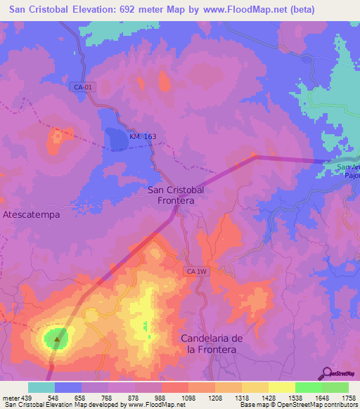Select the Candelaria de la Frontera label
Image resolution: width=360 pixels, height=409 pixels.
tap(212, 344)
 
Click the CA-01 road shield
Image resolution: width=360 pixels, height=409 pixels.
tap(82, 87)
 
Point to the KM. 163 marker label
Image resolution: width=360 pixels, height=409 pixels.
tap(142, 138)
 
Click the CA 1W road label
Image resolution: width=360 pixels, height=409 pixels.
tap(198, 271)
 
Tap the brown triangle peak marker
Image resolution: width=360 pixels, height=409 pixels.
tap(58, 339)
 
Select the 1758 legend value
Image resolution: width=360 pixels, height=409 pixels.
tap(348, 397)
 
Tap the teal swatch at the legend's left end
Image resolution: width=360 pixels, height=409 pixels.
tap(41, 387)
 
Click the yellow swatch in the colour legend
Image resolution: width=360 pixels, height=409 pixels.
tap(281, 387)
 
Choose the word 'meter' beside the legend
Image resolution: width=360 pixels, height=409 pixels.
tap(10, 397)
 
